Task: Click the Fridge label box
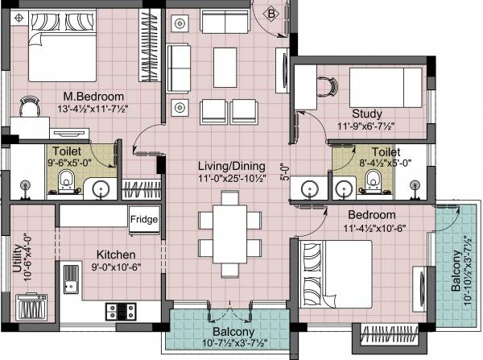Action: click(x=146, y=218)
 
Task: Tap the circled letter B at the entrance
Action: click(x=272, y=12)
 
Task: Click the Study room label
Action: click(x=367, y=114)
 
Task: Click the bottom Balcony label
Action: click(x=233, y=333)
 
